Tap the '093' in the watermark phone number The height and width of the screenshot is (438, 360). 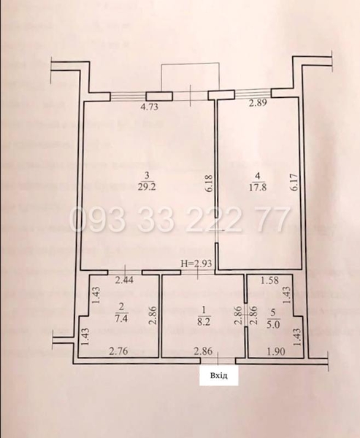pos(92,219)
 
